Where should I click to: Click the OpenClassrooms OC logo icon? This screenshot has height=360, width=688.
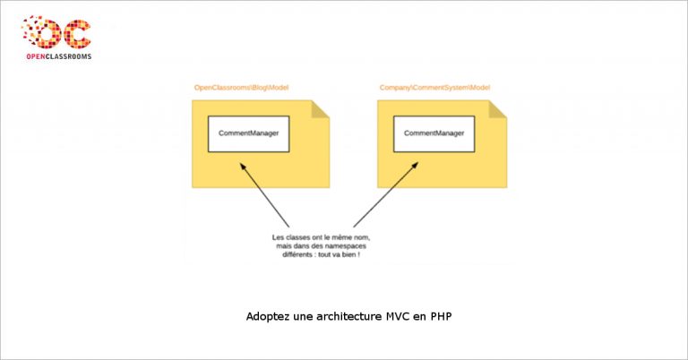coord(56,32)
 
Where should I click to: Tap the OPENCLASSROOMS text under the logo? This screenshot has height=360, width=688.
coord(59,56)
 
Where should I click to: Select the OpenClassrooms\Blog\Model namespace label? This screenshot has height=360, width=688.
coord(241,88)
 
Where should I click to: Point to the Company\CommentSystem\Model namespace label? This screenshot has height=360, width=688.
coord(434,88)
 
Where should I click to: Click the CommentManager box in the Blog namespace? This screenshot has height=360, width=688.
coord(249,133)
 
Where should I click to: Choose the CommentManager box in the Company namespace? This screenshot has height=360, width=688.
coord(434,133)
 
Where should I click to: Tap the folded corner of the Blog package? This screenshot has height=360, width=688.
coord(321,109)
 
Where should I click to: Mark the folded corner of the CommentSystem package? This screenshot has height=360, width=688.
coord(498,109)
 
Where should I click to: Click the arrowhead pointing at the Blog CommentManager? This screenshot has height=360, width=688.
coord(242,166)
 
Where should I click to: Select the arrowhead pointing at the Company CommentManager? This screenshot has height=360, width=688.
coord(415,166)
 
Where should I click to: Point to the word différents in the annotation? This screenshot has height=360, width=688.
coord(297,254)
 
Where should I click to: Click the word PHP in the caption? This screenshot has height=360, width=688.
coord(441,317)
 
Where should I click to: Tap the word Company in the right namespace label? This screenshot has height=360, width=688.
coord(395,88)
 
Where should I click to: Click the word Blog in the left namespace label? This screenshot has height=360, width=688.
coord(259,88)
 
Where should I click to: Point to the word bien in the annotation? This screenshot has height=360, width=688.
coord(349,254)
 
